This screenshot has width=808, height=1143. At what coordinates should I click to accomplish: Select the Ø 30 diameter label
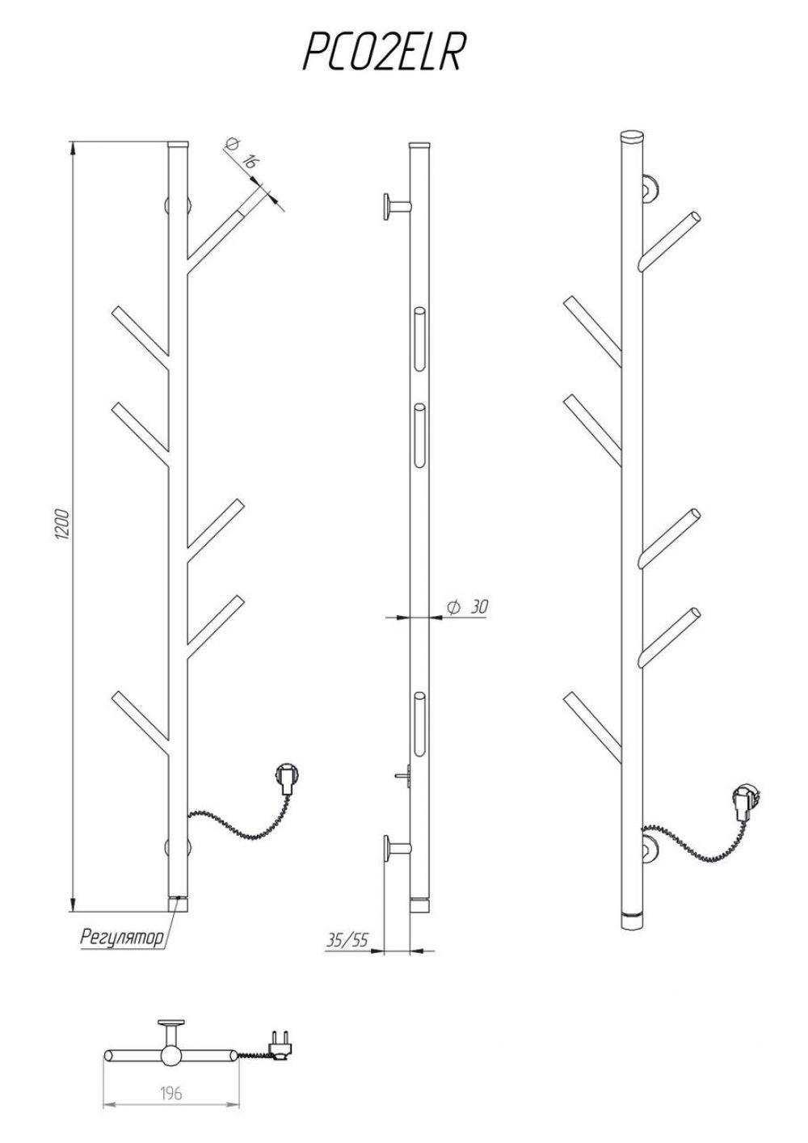point(467,607)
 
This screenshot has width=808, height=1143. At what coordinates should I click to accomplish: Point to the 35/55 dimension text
point(347,939)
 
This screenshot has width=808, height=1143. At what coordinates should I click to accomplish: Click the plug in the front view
point(285,778)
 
